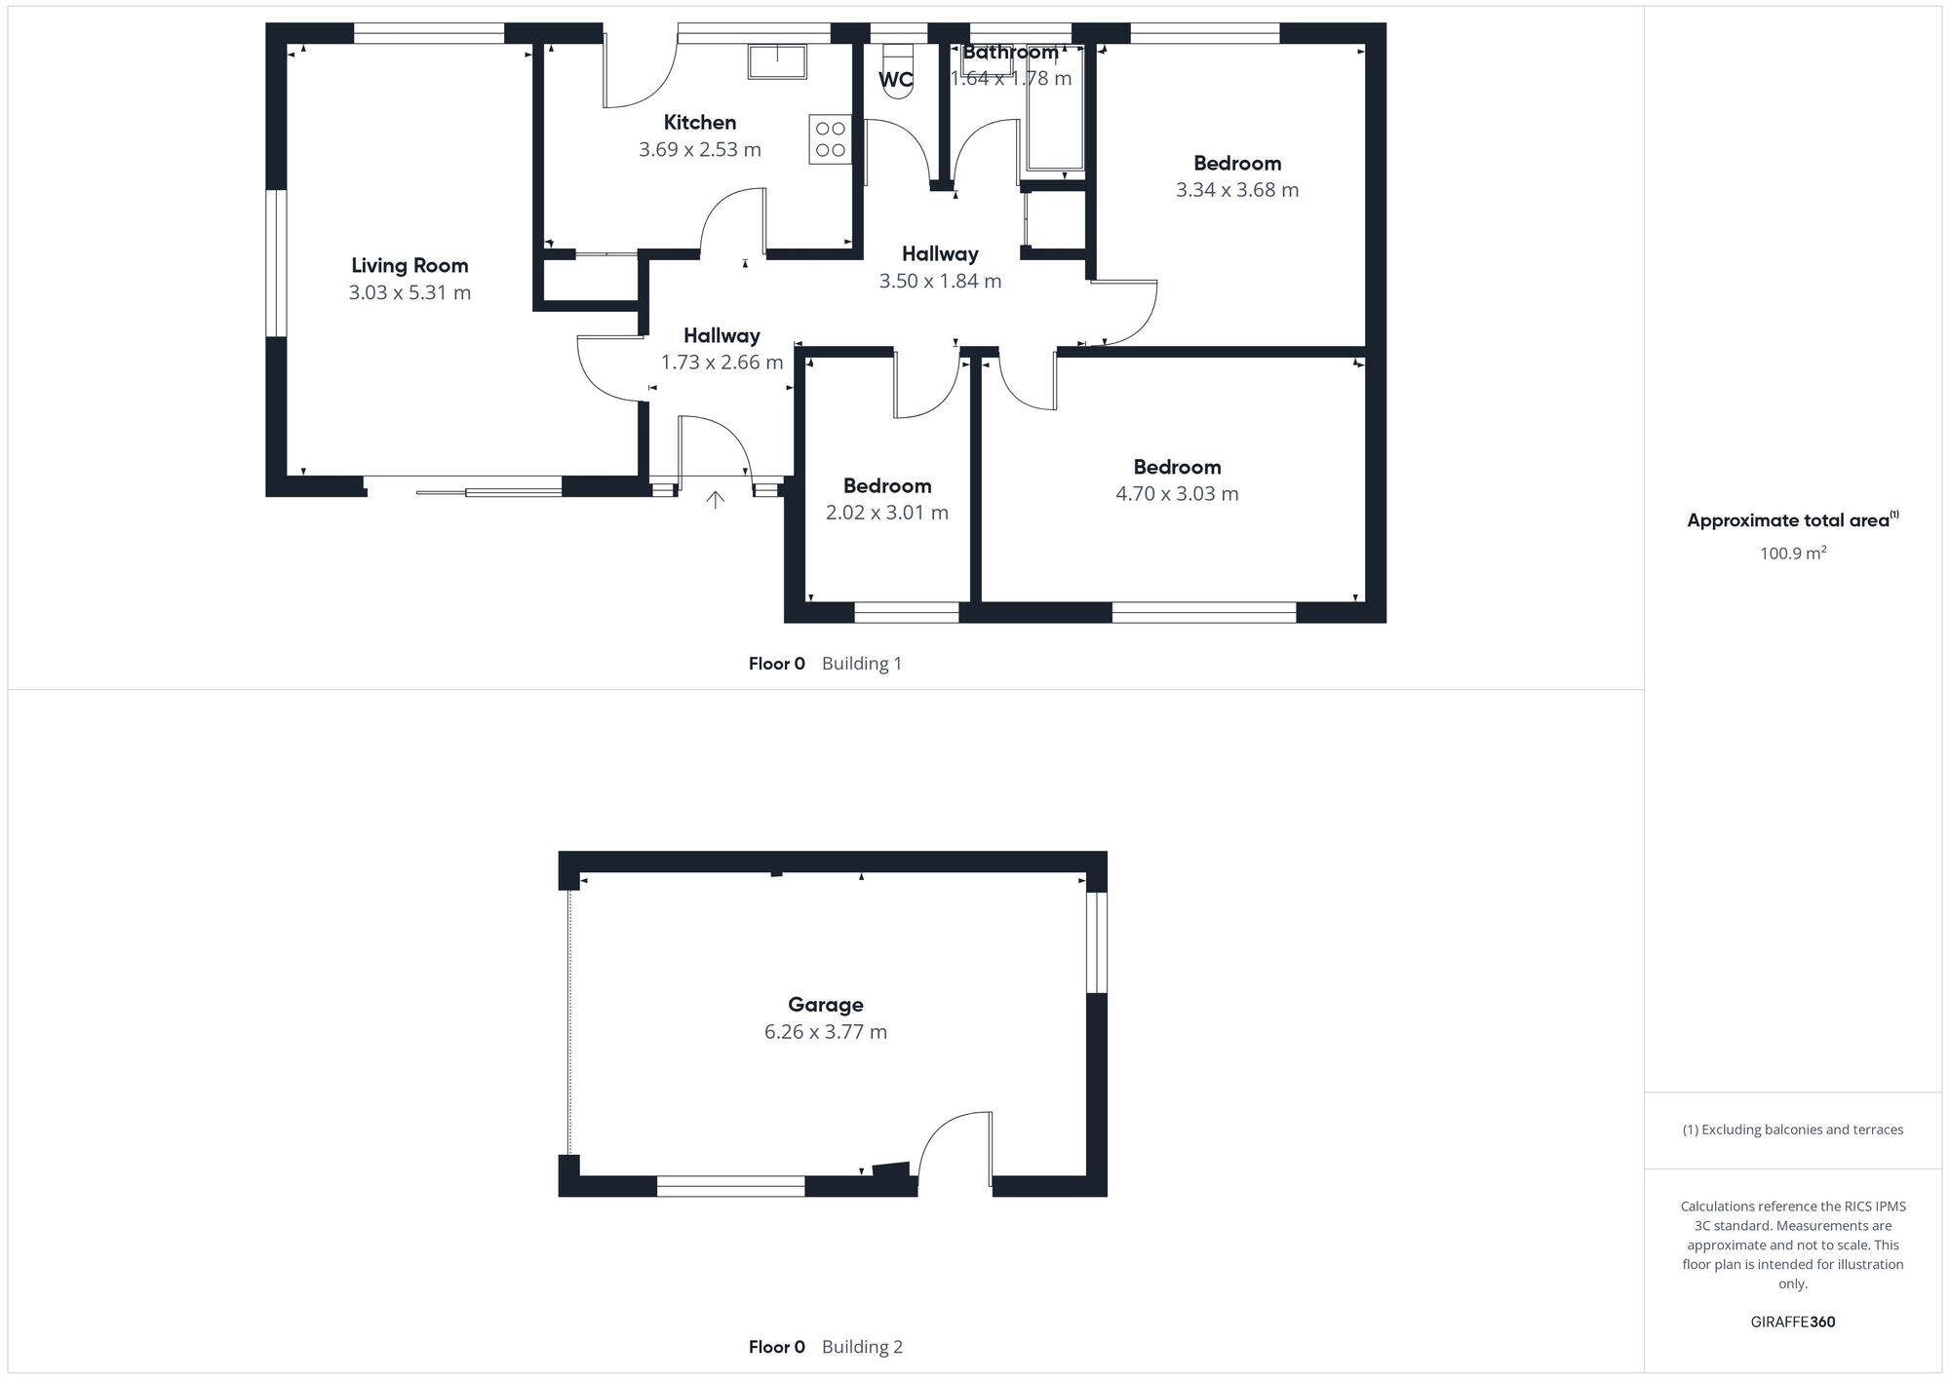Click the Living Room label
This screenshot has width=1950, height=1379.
409,265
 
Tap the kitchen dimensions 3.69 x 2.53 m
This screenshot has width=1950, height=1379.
699,149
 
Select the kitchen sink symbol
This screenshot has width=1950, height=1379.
777,60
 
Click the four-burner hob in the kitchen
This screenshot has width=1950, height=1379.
830,139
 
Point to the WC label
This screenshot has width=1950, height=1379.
896,80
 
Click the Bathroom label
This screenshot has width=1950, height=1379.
1010,53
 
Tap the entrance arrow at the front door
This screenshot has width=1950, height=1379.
715,500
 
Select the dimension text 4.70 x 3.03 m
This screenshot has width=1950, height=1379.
1177,494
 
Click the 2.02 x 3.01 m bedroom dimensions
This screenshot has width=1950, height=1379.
886,513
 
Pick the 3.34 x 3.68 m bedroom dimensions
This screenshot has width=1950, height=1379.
1236,190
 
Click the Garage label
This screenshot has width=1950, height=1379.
825,1005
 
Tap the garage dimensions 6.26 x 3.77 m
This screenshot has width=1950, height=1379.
825,1032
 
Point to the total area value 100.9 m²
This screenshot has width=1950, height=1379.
1792,554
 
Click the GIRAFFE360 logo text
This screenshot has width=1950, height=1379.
1792,1322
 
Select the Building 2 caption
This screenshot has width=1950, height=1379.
862,1347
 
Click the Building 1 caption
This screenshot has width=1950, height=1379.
862,664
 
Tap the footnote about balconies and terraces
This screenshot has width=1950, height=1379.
1792,1130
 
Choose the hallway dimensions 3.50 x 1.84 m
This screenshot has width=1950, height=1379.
939,281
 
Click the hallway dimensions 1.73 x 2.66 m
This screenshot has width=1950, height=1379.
721,363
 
